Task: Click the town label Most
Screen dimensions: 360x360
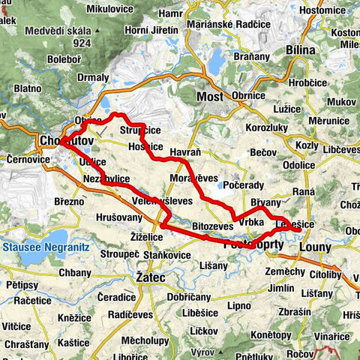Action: pos(211,98)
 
